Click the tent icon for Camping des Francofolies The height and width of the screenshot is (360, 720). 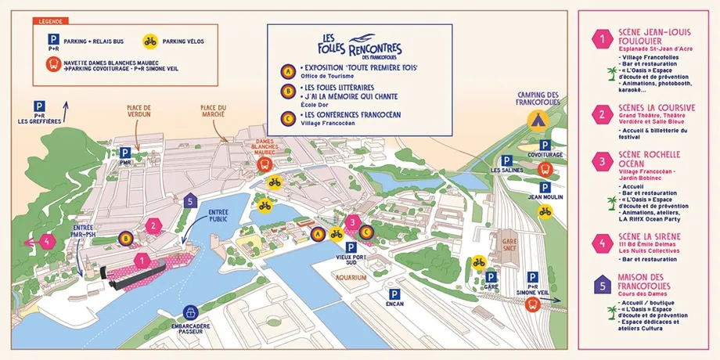pos(537,120)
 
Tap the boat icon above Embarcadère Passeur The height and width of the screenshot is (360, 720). pos(190,315)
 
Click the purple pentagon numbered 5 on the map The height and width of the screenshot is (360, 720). pos(188,200)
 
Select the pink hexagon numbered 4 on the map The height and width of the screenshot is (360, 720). pos(49,241)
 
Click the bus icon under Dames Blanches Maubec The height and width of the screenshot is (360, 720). pos(265,164)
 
